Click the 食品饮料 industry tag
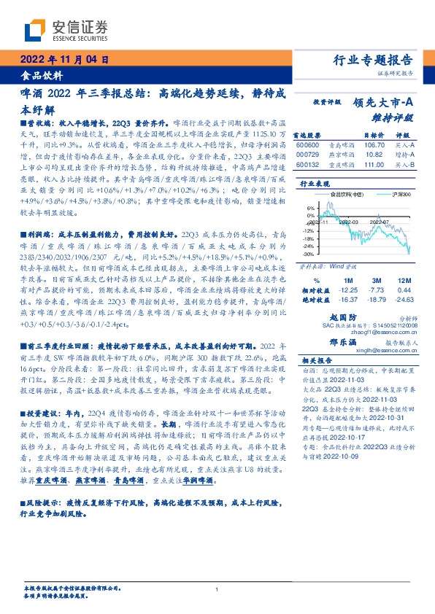click(x=42, y=75)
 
